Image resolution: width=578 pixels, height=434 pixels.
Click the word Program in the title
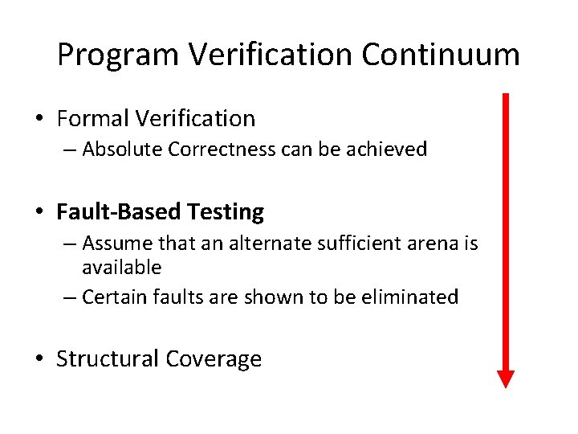(x=119, y=55)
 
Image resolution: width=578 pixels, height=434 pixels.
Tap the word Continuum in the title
(x=441, y=55)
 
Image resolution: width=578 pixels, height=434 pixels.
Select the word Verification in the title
(x=271, y=55)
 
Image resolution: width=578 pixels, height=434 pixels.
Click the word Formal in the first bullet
(x=92, y=119)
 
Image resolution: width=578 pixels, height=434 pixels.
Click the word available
(x=121, y=267)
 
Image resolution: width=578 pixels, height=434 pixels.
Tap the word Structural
(x=107, y=358)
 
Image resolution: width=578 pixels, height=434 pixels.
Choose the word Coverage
(x=213, y=358)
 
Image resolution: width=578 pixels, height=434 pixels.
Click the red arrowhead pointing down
(x=505, y=378)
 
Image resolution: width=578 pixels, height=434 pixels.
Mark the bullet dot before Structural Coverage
(x=39, y=359)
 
